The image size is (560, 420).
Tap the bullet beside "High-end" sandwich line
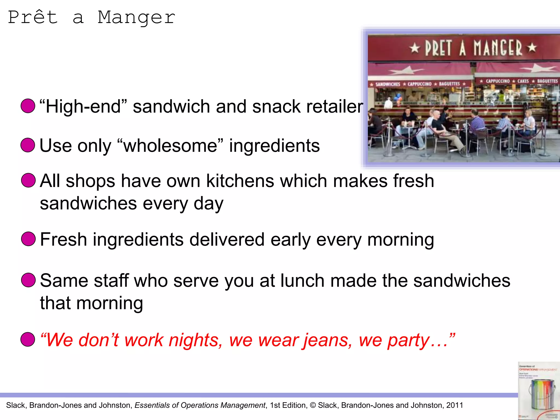click(28, 106)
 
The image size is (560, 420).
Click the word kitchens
click(240, 181)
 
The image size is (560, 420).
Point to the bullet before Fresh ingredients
click(28, 239)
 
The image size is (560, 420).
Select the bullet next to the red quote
click(28, 340)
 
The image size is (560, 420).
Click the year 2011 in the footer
click(455, 405)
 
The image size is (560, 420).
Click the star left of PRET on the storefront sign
click(415, 48)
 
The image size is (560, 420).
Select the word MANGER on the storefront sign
click(498, 48)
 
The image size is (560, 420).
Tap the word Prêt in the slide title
click(33, 17)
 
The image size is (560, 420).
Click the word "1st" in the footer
click(276, 405)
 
